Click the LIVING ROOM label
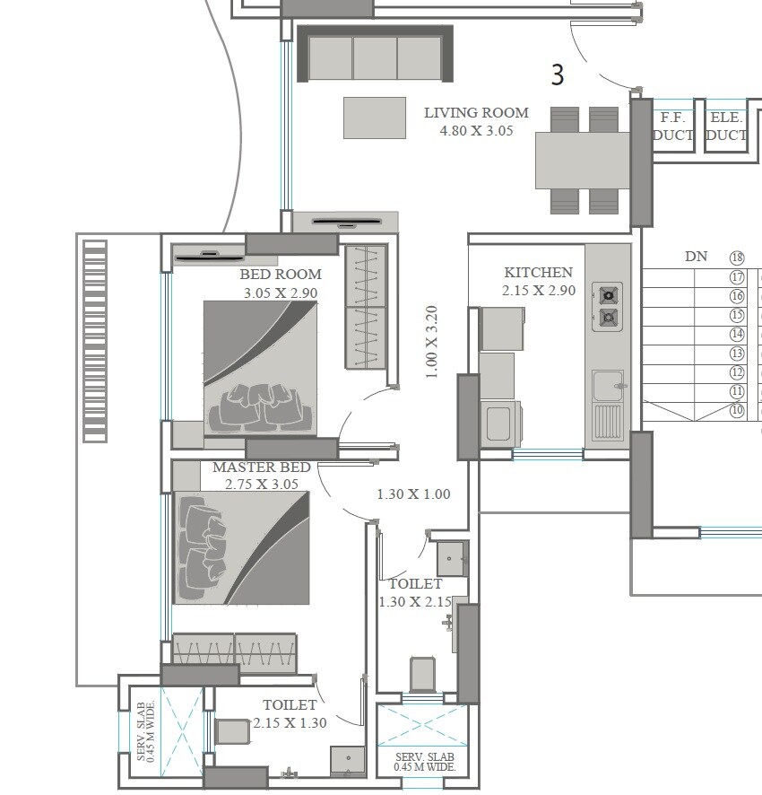(x=476, y=113)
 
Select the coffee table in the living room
(x=374, y=118)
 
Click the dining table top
(x=583, y=161)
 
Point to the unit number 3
(x=558, y=76)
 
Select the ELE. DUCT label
(x=725, y=127)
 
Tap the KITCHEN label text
(x=538, y=273)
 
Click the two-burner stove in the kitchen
(x=608, y=305)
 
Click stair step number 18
(x=737, y=258)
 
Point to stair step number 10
(x=737, y=410)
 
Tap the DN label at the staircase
(x=696, y=257)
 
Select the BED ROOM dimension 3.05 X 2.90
(x=280, y=293)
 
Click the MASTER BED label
(x=261, y=467)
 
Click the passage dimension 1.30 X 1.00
(x=413, y=494)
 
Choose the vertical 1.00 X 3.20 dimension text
(x=431, y=342)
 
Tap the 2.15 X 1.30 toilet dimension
(x=290, y=722)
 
